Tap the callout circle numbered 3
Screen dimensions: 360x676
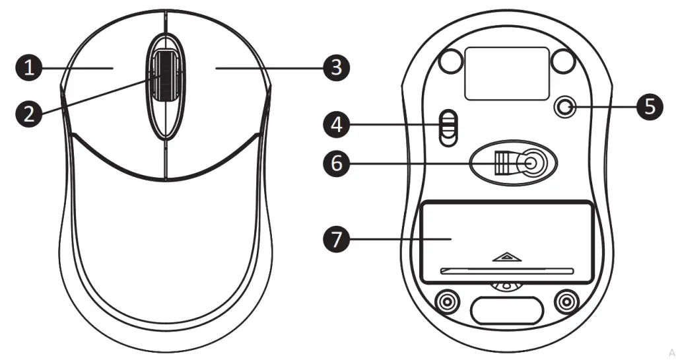tap(337, 67)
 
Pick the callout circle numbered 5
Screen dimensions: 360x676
tap(650, 106)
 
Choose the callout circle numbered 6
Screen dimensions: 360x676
tap(337, 162)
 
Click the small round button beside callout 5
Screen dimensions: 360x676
tap(564, 106)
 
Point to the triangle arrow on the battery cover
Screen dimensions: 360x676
tap(504, 256)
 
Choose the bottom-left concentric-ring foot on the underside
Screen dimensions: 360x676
tap(449, 302)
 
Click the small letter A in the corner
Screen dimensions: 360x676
tap(671, 352)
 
